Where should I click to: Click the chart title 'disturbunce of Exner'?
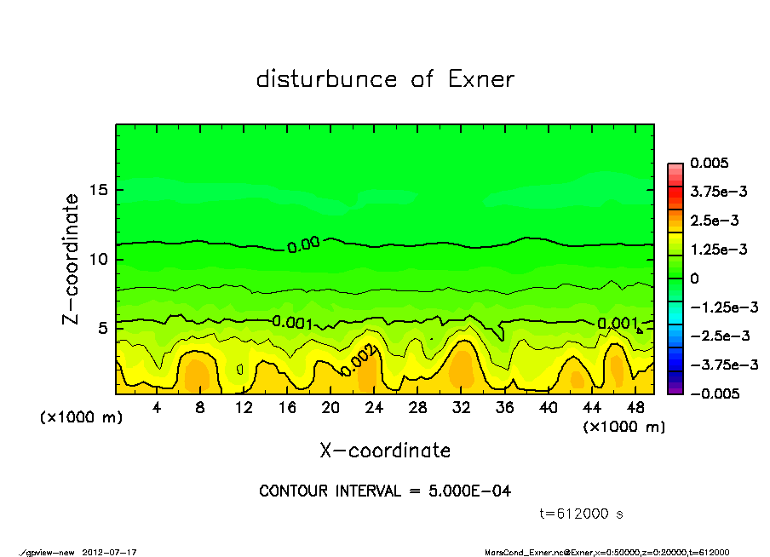coord(385,80)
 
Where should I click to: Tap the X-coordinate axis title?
coord(385,450)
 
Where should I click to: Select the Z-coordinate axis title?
coord(72,259)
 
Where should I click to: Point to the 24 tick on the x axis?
coord(373,407)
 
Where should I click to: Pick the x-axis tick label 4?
coord(157,407)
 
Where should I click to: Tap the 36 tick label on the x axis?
coord(503,407)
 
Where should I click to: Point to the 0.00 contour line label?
coord(303,246)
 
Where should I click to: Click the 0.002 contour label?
coord(357,363)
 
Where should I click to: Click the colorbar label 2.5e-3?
coord(714,221)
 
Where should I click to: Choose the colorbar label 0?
coord(694,278)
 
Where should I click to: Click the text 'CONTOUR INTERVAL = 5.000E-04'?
coord(385,491)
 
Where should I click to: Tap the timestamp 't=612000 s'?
coord(583,514)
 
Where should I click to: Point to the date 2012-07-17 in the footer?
coord(110,552)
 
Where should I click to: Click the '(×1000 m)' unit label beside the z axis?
coord(78,418)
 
